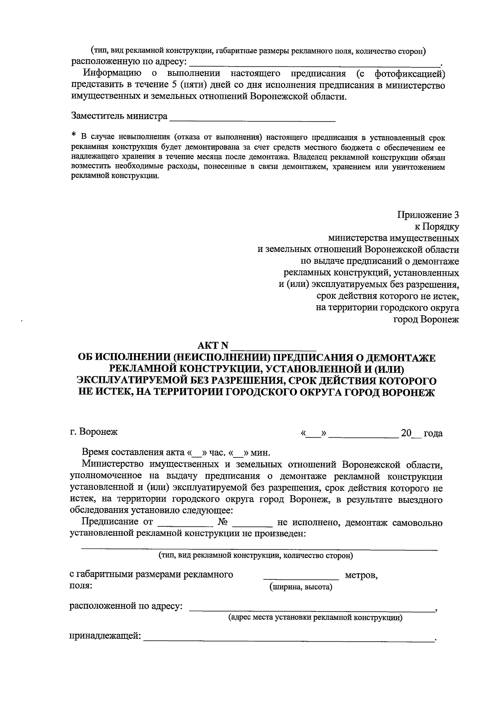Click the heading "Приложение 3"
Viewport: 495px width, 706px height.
pos(428,215)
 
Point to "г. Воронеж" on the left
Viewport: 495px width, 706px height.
pos(94,432)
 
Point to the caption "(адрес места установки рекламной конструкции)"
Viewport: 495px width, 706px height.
pos(316,617)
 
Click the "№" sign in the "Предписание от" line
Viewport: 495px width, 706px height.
pos(223,523)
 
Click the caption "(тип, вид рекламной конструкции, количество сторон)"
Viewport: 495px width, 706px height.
pos(256,556)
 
